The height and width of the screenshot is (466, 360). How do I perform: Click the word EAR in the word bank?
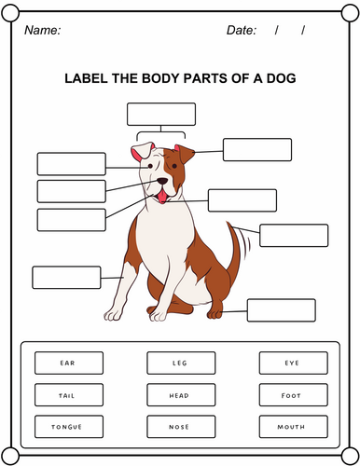coord(67,363)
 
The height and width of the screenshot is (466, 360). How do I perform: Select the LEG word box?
coord(181,363)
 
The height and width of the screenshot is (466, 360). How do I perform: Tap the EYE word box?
coord(293,363)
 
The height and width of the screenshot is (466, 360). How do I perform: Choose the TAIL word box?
coord(69,395)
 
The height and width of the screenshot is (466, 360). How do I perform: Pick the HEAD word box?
coord(181,395)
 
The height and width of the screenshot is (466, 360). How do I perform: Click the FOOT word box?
coord(293,395)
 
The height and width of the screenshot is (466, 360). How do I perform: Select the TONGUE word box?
coord(69,427)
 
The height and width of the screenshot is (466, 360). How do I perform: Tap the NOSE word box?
coord(181,427)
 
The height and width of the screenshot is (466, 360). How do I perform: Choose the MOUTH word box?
coord(293,427)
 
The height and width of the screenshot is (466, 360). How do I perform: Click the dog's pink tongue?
coord(162,197)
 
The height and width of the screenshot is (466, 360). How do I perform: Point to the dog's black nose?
coord(162,181)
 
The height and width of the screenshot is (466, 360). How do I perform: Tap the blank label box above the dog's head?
coord(161,115)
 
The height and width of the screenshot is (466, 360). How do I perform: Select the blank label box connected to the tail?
coord(294,236)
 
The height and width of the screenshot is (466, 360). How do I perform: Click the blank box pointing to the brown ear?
coord(257,150)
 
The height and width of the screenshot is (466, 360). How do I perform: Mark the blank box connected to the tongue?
coord(242,200)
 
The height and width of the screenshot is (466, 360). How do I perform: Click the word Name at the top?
coord(42,30)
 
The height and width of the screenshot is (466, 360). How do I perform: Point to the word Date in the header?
coord(242,30)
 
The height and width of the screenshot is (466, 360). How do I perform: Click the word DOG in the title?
coord(281,78)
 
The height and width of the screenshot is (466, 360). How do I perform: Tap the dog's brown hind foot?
coord(215,313)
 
